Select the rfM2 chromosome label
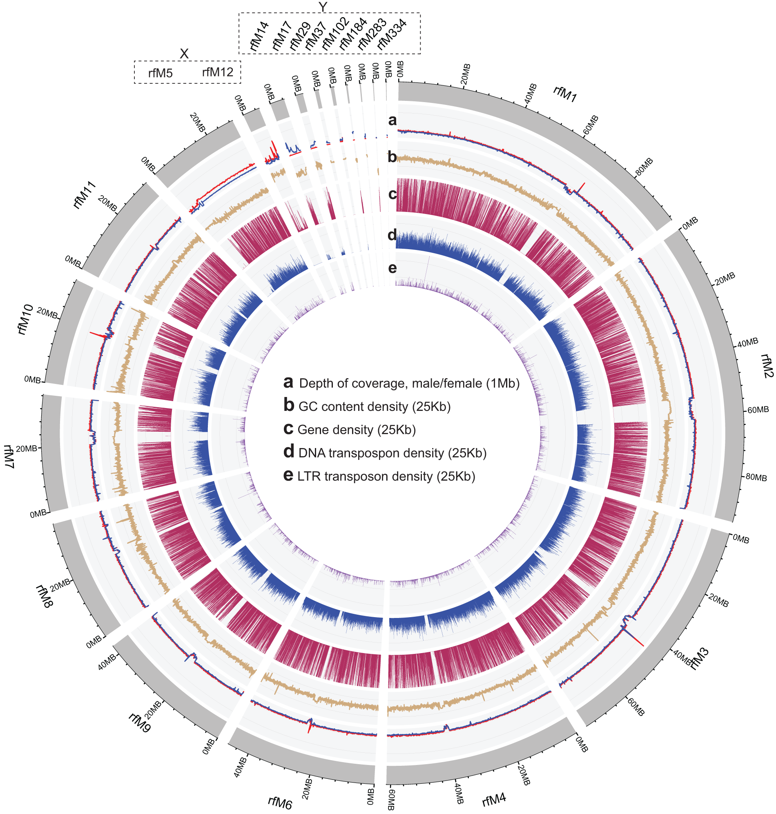767,366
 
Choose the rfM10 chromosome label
25,319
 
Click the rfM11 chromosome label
85,195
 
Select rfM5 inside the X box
160,73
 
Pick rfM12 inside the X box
218,72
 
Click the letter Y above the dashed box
323,7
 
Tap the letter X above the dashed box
184,54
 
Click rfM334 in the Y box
392,34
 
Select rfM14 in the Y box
259,36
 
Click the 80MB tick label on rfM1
644,167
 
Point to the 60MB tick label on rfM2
758,410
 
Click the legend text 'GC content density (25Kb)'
374,406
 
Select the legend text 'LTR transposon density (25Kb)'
386,476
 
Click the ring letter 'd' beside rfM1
392,234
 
